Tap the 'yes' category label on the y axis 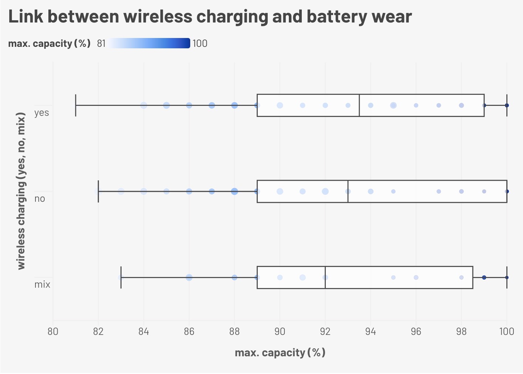(41, 112)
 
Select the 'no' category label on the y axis (40, 199)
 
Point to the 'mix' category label (42, 285)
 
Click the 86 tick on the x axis (189, 331)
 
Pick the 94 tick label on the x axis (370, 331)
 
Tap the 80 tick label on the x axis (53, 331)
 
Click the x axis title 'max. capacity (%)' (280, 353)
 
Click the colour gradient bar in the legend (149, 43)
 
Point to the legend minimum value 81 (101, 44)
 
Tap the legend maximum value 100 (200, 44)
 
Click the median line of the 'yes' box (359, 105)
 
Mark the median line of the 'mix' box (325, 277)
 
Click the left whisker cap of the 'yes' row (76, 105)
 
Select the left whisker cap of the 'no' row (98, 191)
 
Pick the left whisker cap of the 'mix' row (121, 277)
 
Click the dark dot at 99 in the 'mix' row (484, 277)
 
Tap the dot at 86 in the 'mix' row (189, 277)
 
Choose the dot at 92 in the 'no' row (325, 191)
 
